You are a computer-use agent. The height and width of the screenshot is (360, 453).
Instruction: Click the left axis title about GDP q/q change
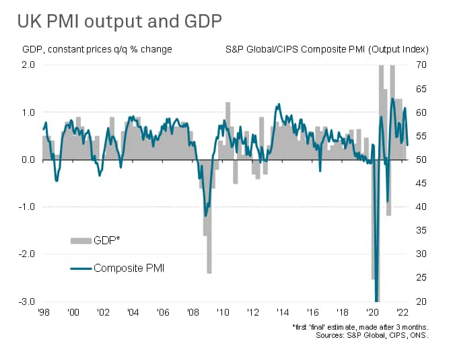tap(97, 49)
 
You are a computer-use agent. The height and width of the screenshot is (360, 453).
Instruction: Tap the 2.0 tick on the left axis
tap(28, 65)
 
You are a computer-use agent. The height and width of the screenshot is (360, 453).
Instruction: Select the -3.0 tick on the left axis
tap(26, 301)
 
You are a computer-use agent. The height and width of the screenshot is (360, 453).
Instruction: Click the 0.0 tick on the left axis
tap(28, 159)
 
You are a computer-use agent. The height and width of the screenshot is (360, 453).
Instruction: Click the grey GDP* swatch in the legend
tap(80, 240)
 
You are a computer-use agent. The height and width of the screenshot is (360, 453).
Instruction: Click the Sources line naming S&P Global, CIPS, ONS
tap(373, 334)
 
